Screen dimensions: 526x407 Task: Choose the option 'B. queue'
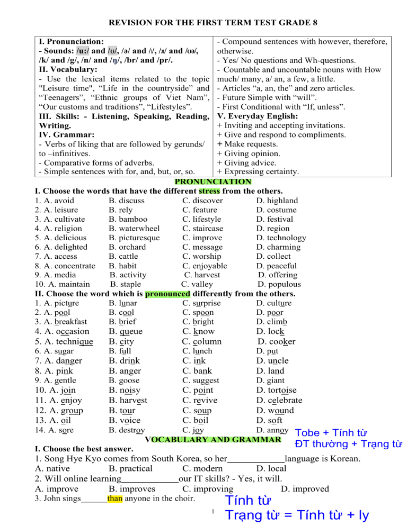(x=126, y=332)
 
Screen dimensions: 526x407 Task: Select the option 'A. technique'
(x=64, y=341)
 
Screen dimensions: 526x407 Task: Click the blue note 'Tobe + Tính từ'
(x=332, y=433)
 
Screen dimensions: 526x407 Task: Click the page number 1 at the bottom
(x=211, y=511)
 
